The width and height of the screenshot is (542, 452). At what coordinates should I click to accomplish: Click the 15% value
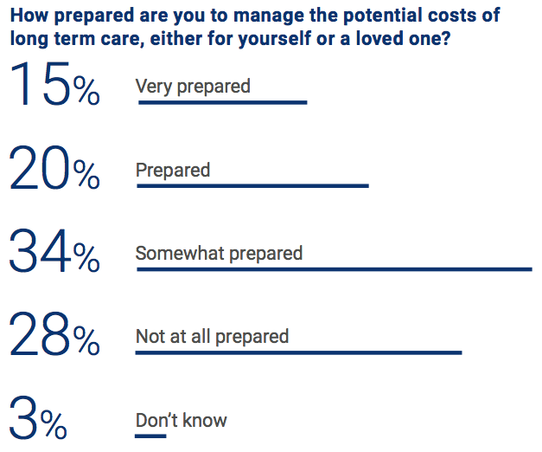click(54, 86)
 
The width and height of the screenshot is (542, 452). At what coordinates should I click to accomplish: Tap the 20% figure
click(54, 170)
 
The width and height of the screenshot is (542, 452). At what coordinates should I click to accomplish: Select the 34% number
click(54, 254)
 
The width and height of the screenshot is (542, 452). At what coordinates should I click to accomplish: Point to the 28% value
click(54, 337)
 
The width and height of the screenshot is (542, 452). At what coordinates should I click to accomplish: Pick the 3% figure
click(39, 421)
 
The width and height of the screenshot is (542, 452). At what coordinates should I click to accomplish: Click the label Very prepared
click(193, 87)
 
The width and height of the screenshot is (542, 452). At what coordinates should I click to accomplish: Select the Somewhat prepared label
click(219, 254)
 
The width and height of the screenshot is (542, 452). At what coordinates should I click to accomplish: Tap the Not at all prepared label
click(212, 337)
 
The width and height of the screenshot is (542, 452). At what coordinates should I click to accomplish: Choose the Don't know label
click(181, 421)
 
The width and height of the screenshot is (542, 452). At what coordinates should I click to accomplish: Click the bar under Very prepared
click(221, 102)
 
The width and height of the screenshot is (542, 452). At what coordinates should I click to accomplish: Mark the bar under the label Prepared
click(252, 185)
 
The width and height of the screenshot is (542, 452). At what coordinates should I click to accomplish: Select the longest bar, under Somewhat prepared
click(334, 269)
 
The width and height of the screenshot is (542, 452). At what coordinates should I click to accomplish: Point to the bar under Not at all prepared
click(298, 352)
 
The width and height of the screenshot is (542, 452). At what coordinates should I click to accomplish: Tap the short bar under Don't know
click(150, 436)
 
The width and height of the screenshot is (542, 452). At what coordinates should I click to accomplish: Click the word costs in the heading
click(460, 16)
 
